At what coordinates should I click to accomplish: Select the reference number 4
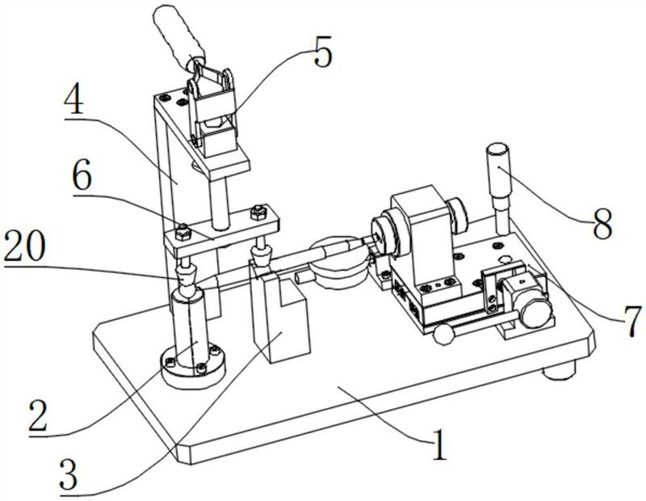click(x=79, y=104)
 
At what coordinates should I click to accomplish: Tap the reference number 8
click(x=601, y=225)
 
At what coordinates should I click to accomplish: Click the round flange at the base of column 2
click(x=191, y=364)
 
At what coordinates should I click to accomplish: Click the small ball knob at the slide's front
click(x=443, y=333)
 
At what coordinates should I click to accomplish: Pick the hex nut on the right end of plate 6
click(x=258, y=213)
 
